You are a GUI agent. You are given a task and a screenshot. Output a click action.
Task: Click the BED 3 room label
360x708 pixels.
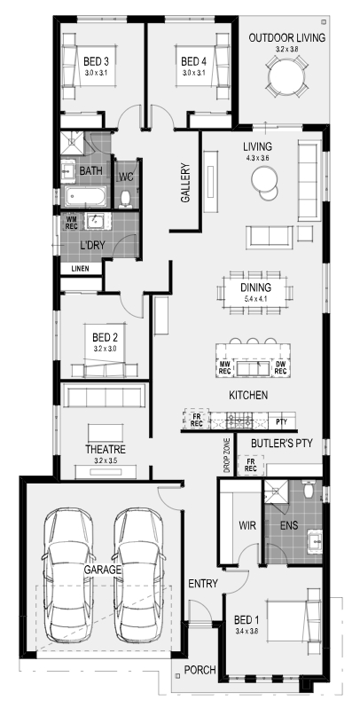click(x=97, y=60)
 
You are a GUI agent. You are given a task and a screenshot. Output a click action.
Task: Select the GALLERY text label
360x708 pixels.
click(x=185, y=183)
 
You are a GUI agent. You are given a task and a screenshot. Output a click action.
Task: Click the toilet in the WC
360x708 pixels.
click(x=126, y=199)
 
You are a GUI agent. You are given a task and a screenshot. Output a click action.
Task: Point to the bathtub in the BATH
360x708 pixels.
click(x=86, y=197)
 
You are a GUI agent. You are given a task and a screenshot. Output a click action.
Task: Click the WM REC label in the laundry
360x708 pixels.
click(x=72, y=223)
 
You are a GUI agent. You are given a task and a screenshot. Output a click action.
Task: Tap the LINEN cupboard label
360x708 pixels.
click(x=81, y=269)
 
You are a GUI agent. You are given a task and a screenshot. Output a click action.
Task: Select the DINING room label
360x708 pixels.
click(x=255, y=287)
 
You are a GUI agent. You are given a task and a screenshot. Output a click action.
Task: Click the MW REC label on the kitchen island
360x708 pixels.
click(x=224, y=367)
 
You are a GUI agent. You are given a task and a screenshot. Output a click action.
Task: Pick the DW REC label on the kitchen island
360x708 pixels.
click(x=280, y=367)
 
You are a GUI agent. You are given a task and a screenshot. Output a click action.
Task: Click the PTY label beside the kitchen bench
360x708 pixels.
click(x=281, y=422)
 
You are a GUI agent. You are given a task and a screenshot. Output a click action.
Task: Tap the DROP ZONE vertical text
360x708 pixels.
click(x=227, y=455)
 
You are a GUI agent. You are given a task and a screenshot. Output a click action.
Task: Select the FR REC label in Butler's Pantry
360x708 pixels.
click(x=251, y=466)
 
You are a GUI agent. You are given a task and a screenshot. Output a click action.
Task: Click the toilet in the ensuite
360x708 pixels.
click(x=309, y=490)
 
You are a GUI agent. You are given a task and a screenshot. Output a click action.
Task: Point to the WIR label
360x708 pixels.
click(x=247, y=525)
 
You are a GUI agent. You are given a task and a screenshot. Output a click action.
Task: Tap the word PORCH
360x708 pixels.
click(x=200, y=670)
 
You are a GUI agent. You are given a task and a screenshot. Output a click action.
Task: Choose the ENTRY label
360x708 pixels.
click(x=203, y=584)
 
